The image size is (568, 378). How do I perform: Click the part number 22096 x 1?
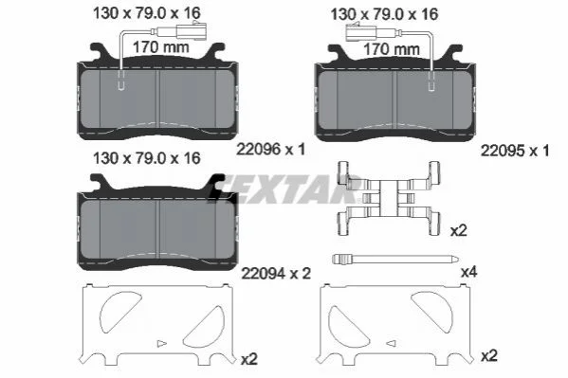coord(270,149)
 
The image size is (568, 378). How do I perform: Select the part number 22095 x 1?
coord(515,151)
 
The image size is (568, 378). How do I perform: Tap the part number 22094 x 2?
coord(276,274)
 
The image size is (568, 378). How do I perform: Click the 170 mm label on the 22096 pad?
coord(161,47)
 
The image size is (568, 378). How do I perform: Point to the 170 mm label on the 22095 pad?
coord(392,49)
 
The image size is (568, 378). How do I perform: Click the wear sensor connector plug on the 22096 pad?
coord(191,30)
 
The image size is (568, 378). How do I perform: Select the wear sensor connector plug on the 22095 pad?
coord(361,32)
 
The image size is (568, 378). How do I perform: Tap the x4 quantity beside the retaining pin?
coord(468,272)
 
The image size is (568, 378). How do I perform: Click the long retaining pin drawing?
coord(395,259)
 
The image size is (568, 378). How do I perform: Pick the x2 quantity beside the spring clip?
coord(459,230)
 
